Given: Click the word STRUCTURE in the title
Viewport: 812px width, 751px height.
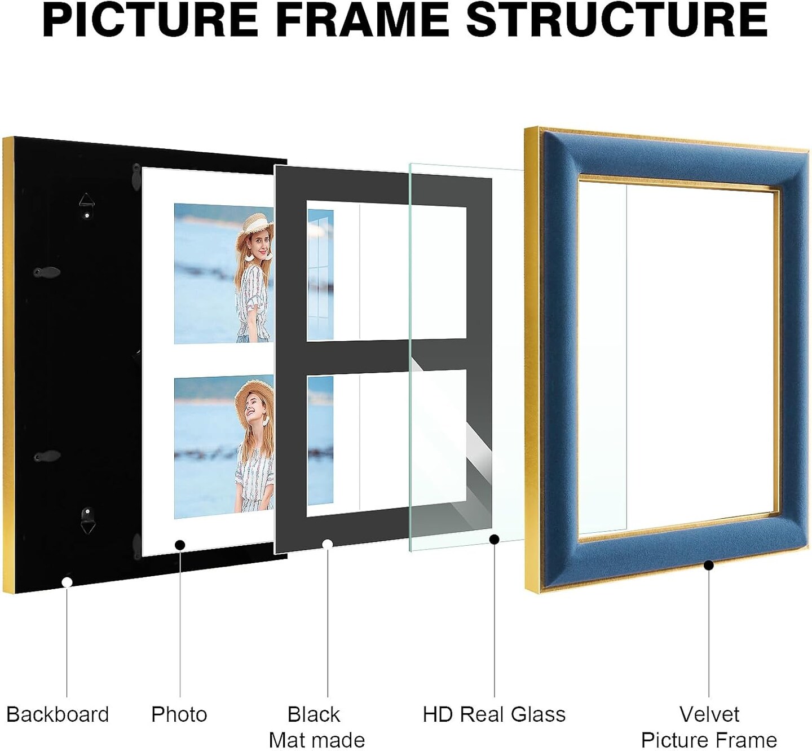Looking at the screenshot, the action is pos(617,20).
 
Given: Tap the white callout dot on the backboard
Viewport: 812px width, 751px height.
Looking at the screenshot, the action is pos(67,582).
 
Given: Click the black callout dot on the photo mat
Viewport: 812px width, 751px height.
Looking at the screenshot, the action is pos(180,545).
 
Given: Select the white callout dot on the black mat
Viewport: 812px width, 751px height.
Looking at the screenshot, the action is pos(328,544).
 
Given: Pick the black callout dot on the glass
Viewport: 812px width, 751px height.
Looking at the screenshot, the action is pos(495,539).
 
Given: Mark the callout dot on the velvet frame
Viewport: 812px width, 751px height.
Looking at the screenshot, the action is pos(709,566).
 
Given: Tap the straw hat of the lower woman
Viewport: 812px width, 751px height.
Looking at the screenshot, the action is pos(254,396).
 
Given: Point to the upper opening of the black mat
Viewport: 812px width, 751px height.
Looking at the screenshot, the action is pos(386,271).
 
